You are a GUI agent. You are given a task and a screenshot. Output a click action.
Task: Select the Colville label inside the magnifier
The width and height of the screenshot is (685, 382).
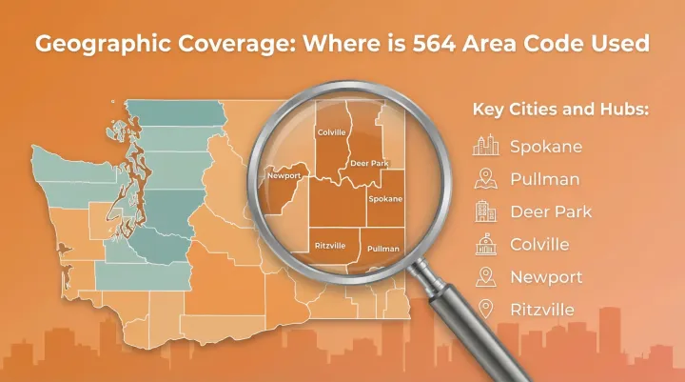(x=331, y=131)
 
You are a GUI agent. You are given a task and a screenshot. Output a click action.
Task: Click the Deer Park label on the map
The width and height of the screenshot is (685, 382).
(x=369, y=163)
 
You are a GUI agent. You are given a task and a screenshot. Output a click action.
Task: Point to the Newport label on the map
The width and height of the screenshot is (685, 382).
(x=284, y=176)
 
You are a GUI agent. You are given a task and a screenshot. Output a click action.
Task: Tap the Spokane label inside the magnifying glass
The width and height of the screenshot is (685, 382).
(x=385, y=198)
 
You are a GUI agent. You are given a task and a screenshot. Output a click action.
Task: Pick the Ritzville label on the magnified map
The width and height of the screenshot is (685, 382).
(x=330, y=246)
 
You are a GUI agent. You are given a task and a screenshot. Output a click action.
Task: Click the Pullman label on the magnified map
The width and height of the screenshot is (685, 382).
(x=383, y=249)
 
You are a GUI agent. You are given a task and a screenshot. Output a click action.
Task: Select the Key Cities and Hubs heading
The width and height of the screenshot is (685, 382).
(x=560, y=110)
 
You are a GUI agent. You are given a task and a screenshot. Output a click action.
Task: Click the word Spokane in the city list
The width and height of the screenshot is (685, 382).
(x=546, y=147)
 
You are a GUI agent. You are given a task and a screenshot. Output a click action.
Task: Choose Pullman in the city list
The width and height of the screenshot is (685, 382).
(x=544, y=179)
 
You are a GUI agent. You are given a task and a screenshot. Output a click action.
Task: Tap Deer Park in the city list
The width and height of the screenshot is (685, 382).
(x=550, y=211)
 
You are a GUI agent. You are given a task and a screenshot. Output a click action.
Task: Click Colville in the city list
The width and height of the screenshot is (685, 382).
(x=539, y=244)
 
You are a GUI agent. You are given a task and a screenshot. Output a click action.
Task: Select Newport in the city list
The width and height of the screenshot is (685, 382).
(x=546, y=276)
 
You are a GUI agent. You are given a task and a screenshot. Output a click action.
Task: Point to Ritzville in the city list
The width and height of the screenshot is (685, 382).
(x=543, y=309)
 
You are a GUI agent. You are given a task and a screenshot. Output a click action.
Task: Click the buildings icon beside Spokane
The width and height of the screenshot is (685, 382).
(x=486, y=146)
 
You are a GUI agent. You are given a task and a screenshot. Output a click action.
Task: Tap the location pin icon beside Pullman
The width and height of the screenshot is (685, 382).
(x=486, y=178)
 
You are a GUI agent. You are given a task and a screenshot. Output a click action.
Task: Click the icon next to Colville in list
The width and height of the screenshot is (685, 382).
(x=486, y=243)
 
